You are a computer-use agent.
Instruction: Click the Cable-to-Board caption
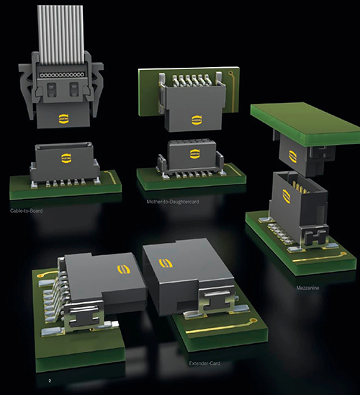coord(26,210)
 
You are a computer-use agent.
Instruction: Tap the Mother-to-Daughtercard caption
coord(173,202)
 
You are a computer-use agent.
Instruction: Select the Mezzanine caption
coord(307,288)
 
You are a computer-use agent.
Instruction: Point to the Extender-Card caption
coord(204,363)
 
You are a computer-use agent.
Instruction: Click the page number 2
coord(50,381)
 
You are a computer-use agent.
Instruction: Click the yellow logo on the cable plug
coord(63,119)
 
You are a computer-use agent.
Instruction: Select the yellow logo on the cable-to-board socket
coord(66,158)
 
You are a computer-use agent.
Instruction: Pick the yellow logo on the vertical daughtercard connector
coord(197,120)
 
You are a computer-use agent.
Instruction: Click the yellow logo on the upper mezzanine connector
coord(292,156)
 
